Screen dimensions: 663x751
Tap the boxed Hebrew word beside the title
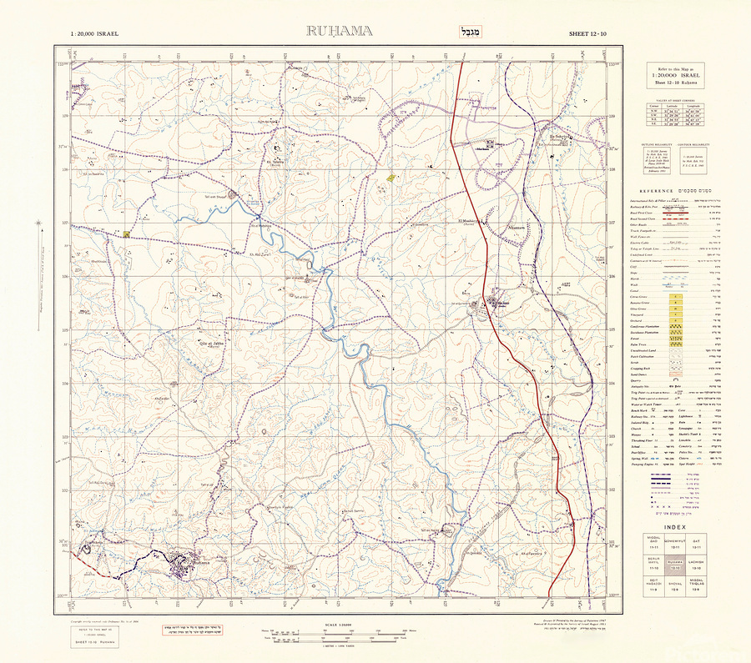click(x=460, y=33)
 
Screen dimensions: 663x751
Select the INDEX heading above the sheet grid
click(x=677, y=526)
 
